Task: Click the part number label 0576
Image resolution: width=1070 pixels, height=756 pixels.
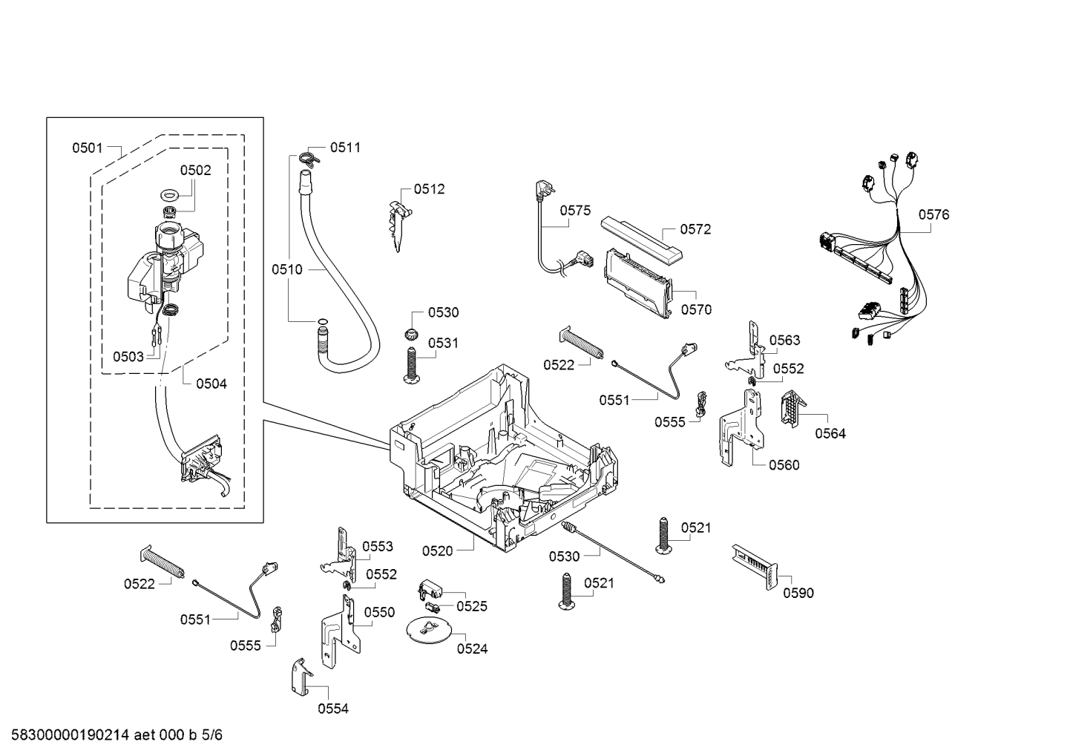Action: pos(933,215)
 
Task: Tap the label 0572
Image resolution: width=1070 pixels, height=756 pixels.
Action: pos(695,229)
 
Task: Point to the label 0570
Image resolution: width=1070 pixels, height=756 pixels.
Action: pos(696,310)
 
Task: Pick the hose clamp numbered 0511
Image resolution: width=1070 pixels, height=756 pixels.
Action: pos(309,157)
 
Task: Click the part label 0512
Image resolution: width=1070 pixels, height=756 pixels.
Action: pos(430,189)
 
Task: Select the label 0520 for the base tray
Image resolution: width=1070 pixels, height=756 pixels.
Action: pos(437,550)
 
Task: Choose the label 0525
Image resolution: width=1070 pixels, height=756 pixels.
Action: pos(472,606)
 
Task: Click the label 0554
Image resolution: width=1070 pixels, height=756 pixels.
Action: pos(333,709)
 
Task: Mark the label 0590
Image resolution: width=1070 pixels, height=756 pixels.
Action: pos(798,593)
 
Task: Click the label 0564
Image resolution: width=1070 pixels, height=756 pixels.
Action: pos(830,434)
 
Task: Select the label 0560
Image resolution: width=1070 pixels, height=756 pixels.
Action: pos(784,465)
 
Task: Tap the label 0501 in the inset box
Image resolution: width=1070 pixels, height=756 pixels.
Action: pos(88,148)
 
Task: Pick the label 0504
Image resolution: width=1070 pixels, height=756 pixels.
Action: pos(211,384)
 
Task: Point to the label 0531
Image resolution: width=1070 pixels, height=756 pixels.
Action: pos(443,343)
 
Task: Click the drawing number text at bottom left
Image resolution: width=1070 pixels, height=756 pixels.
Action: pos(112,735)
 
